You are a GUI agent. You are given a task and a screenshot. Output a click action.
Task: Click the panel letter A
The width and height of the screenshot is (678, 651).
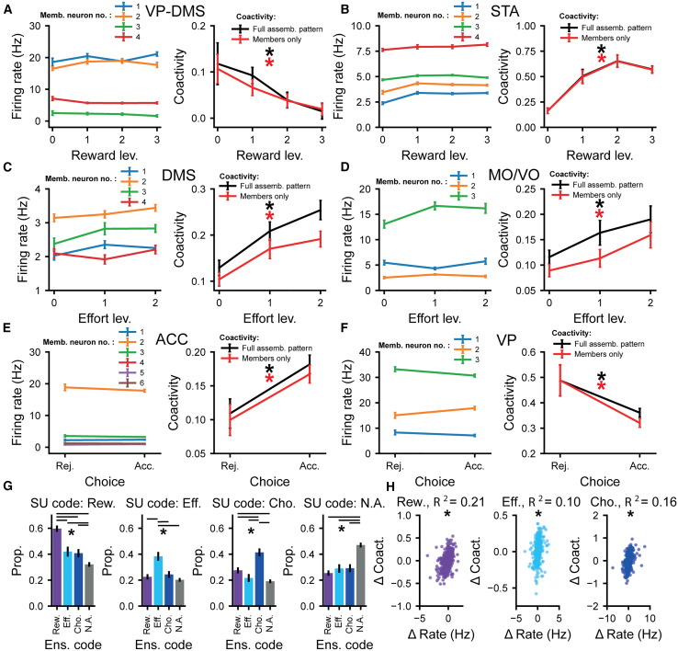7,9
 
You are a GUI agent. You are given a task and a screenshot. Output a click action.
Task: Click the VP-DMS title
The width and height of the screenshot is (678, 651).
175,11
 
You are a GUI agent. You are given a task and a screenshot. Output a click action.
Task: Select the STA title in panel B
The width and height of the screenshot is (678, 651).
504,11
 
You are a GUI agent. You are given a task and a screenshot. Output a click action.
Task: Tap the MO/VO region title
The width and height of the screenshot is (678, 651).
514,175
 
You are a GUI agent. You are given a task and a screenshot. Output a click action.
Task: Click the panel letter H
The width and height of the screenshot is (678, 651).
390,486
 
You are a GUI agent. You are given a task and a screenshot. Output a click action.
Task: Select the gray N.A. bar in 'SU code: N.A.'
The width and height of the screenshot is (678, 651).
360,576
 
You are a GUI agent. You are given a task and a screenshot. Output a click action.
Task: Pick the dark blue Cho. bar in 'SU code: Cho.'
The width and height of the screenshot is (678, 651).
259,579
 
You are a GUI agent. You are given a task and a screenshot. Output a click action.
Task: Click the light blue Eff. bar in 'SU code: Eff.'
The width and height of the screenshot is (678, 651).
158,581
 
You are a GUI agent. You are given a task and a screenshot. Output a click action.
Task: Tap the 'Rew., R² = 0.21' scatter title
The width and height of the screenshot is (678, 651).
441,502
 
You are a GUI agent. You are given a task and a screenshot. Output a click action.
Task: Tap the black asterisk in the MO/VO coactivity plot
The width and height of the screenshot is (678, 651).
599,204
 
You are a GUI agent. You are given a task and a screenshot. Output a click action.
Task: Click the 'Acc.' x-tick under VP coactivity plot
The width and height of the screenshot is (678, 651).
639,466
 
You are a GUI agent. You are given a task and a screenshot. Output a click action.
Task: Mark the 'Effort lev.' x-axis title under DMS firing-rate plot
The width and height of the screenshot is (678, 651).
104,318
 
